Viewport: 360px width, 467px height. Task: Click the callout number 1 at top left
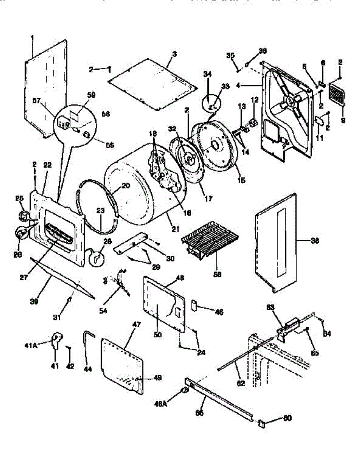[x=32, y=38]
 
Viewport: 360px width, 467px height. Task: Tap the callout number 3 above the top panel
[x=174, y=54]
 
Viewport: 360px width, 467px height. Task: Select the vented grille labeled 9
[x=337, y=94]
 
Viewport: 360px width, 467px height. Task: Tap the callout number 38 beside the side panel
[x=315, y=241]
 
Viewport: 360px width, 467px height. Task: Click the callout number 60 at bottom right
[x=287, y=418]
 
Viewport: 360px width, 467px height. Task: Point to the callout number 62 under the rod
[x=241, y=383]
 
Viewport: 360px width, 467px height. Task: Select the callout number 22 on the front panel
[x=47, y=165]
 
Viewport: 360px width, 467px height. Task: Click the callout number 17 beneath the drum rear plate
[x=209, y=198]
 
